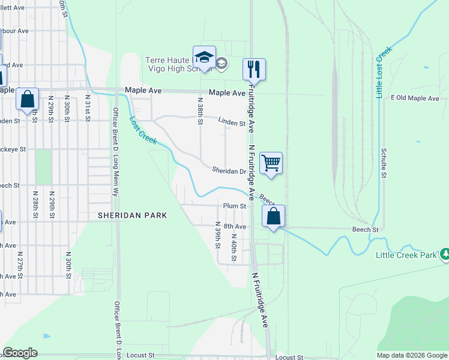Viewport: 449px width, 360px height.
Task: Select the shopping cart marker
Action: [x=271, y=162]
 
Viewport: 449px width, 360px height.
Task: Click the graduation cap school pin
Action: [x=204, y=57]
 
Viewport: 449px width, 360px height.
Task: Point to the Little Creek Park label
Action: [x=406, y=255]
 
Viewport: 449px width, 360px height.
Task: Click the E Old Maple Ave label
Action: [x=415, y=98]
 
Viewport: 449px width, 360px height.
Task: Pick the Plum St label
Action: [x=235, y=206]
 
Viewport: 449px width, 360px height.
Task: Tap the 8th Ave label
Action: [x=235, y=226]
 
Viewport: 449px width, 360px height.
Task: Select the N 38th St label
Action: [x=200, y=109]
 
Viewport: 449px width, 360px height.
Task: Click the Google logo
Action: [x=20, y=353]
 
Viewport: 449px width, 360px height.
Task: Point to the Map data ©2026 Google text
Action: [x=411, y=355]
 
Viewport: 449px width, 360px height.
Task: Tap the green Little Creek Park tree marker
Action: [x=445, y=254]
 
